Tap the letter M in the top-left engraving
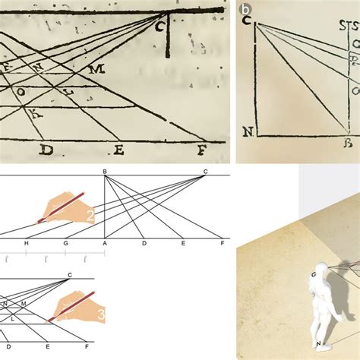(x=96, y=68)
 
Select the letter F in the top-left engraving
(x=201, y=149)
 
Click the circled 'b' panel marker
(x=245, y=10)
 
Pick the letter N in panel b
(x=246, y=131)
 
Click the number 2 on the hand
(x=90, y=216)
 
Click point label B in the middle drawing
(x=104, y=172)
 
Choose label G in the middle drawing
(x=66, y=243)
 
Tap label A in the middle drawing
(x=104, y=243)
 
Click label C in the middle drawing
(x=204, y=172)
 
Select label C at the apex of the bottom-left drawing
(x=70, y=274)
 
